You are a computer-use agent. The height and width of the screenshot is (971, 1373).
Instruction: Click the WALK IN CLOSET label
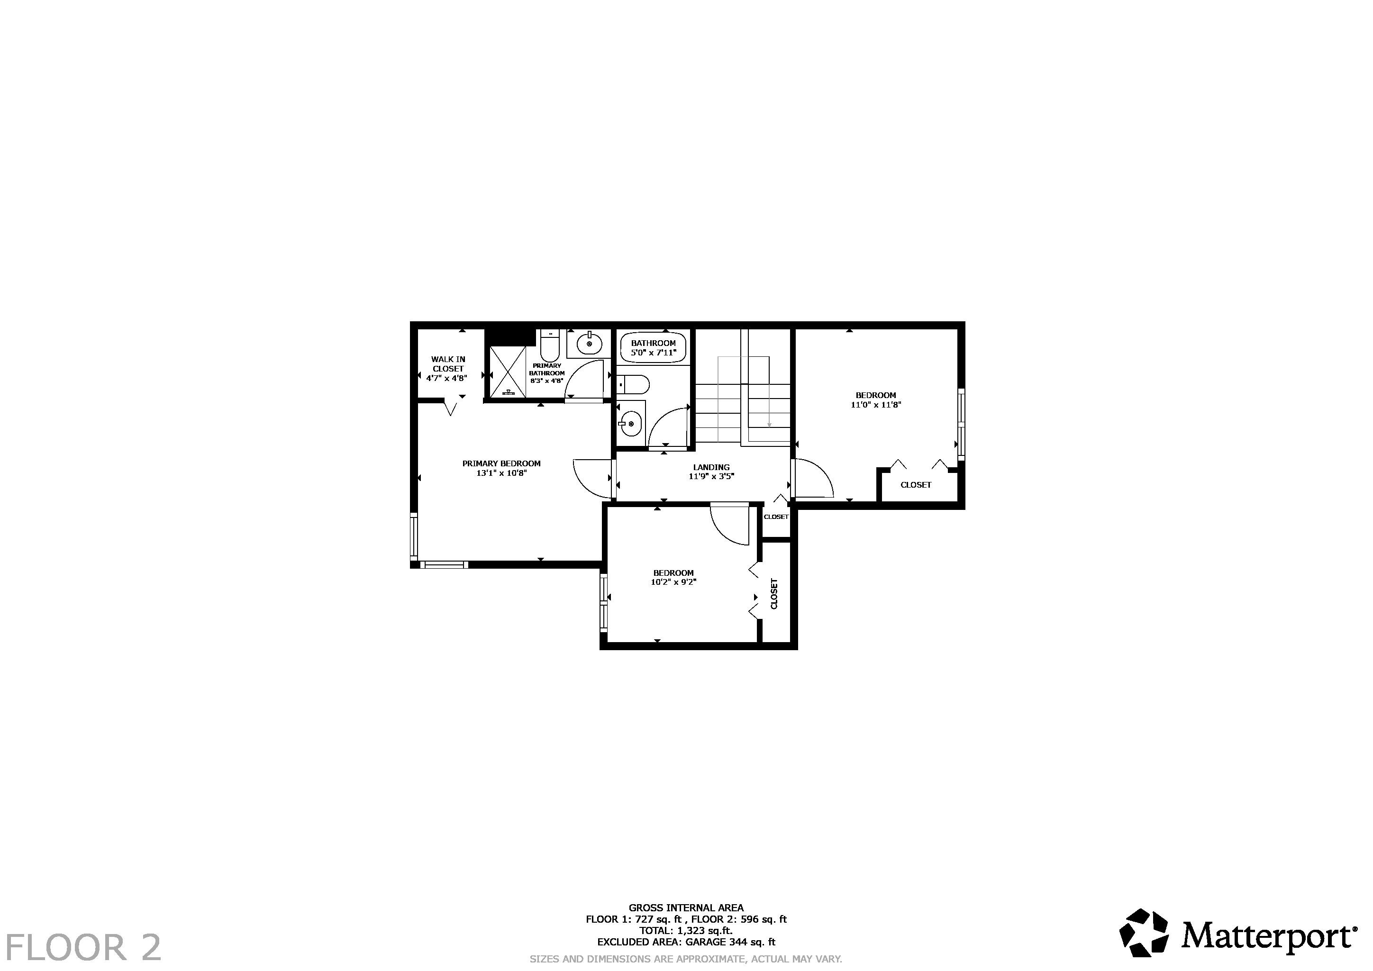[448, 364]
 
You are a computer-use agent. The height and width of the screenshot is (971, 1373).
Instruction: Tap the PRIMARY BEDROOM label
[501, 463]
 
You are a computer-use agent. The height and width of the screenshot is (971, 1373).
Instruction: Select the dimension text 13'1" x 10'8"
[501, 473]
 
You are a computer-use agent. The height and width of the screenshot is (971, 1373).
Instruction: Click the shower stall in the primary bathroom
[508, 372]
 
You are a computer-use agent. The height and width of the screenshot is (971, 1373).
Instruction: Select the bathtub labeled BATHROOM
[653, 347]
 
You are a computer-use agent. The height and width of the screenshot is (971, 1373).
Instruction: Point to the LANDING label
[711, 467]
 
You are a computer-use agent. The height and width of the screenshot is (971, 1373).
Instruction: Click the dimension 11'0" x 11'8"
[875, 405]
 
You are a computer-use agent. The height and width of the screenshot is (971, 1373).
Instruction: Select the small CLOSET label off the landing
[776, 517]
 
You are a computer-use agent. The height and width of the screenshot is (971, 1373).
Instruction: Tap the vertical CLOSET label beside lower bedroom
[774, 593]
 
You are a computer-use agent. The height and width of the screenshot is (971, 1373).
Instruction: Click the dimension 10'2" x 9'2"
[673, 582]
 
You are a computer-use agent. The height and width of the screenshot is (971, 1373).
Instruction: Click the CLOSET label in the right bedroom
[916, 485]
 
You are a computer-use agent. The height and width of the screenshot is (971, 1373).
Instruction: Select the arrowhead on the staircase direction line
[769, 425]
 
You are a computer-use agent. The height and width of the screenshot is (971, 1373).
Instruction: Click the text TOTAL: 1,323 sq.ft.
[686, 930]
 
